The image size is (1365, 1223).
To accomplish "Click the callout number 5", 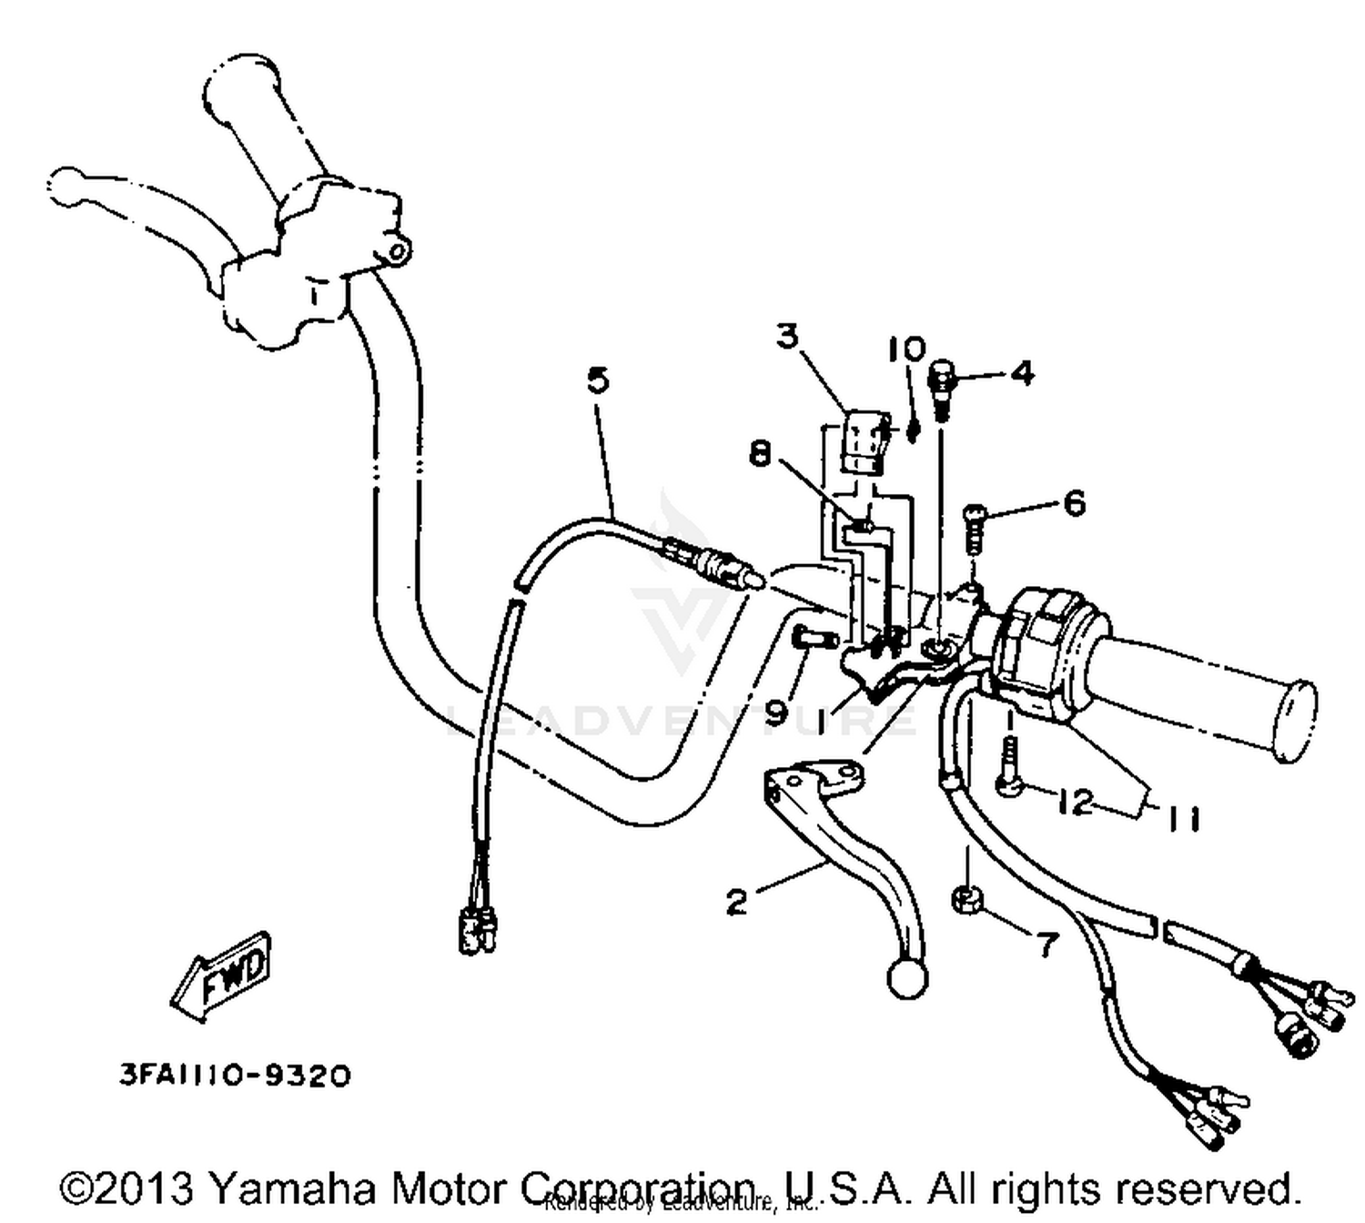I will pyautogui.click(x=597, y=380).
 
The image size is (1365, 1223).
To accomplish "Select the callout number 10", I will pyautogui.click(x=907, y=349).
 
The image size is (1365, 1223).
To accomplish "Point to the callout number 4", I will pyautogui.click(x=1022, y=373).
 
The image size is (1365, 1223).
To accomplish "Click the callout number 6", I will pyautogui.click(x=1074, y=502).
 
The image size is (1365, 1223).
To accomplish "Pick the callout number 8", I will pyautogui.click(x=761, y=452).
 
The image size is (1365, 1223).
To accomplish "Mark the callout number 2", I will pyautogui.click(x=737, y=902).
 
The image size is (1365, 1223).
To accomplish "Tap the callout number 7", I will pyautogui.click(x=1048, y=945).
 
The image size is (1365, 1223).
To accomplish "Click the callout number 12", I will pyautogui.click(x=1075, y=802).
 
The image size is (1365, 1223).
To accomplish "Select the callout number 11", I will pyautogui.click(x=1182, y=818).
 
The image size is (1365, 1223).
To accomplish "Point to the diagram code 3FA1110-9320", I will pyautogui.click(x=235, y=1076).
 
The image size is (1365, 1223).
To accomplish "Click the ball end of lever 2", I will pyautogui.click(x=906, y=979).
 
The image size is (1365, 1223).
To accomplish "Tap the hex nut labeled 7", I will pyautogui.click(x=965, y=900).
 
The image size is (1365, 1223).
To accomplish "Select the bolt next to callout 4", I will pyautogui.click(x=943, y=387).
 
